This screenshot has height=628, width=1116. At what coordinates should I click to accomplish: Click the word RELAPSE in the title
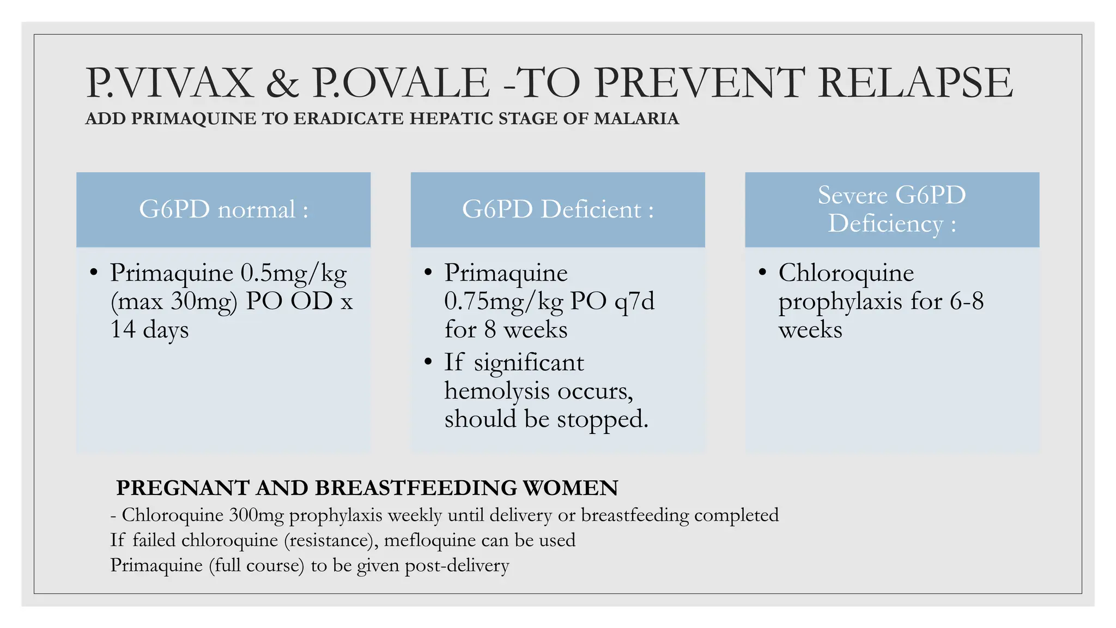915,83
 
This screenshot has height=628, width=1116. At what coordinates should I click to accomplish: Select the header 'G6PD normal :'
223,209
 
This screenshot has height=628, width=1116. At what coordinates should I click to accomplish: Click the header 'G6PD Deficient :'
557,209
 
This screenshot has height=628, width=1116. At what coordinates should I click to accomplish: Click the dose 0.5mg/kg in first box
293,273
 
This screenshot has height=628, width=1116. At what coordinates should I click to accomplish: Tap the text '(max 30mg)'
174,301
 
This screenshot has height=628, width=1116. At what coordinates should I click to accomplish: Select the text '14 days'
149,329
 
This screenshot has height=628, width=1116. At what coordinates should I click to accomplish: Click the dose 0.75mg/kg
504,301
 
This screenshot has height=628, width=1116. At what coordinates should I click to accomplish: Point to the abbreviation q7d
634,301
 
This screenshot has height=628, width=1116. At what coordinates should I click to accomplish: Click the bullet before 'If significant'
428,361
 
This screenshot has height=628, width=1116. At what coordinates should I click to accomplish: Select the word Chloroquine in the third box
846,273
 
